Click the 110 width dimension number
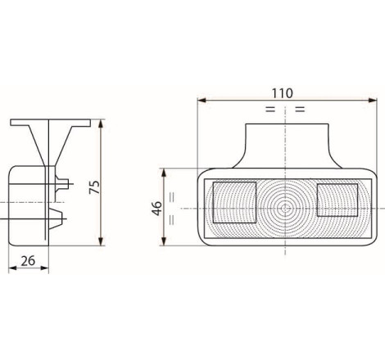[283, 93]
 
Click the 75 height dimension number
[95, 187]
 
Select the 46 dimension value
[156, 209]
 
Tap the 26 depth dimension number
[28, 261]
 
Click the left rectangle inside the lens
[234, 203]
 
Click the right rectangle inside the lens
[337, 200]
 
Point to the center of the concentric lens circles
[285, 209]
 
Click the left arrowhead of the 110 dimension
[202, 101]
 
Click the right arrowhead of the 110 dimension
[373, 101]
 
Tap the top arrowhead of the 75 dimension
[101, 124]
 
